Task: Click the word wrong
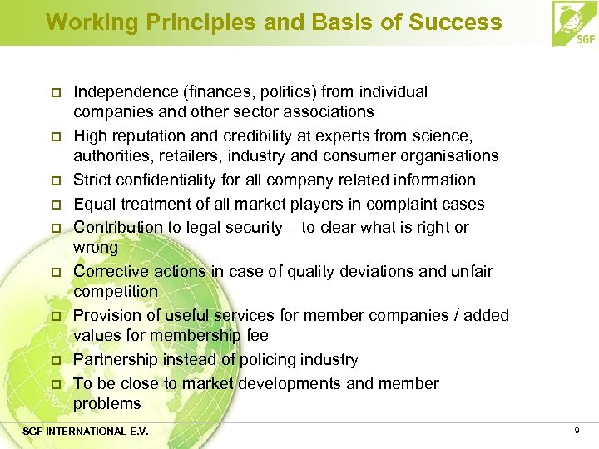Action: [x=96, y=247]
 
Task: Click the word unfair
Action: [x=471, y=271]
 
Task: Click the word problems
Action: [x=107, y=403]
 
